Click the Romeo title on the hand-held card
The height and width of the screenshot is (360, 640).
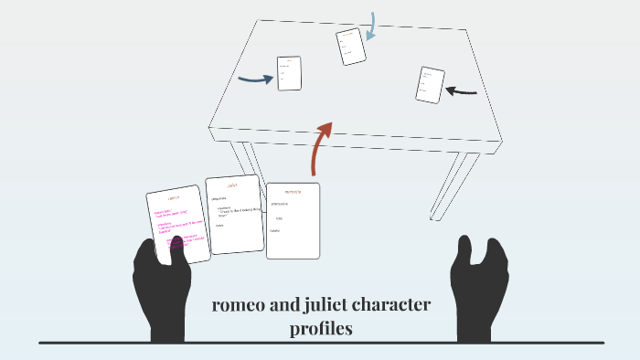tap(174, 198)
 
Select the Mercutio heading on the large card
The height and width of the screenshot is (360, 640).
tap(293, 193)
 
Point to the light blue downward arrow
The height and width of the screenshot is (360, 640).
tap(371, 26)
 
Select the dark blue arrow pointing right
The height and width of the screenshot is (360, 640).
tap(255, 79)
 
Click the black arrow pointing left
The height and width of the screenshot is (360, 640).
tap(462, 90)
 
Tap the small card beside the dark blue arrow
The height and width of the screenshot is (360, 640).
tap(289, 73)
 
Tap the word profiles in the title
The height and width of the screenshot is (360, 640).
tap(321, 329)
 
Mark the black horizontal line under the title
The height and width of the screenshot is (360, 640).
tap(320, 343)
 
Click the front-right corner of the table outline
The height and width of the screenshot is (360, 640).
tap(500, 142)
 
